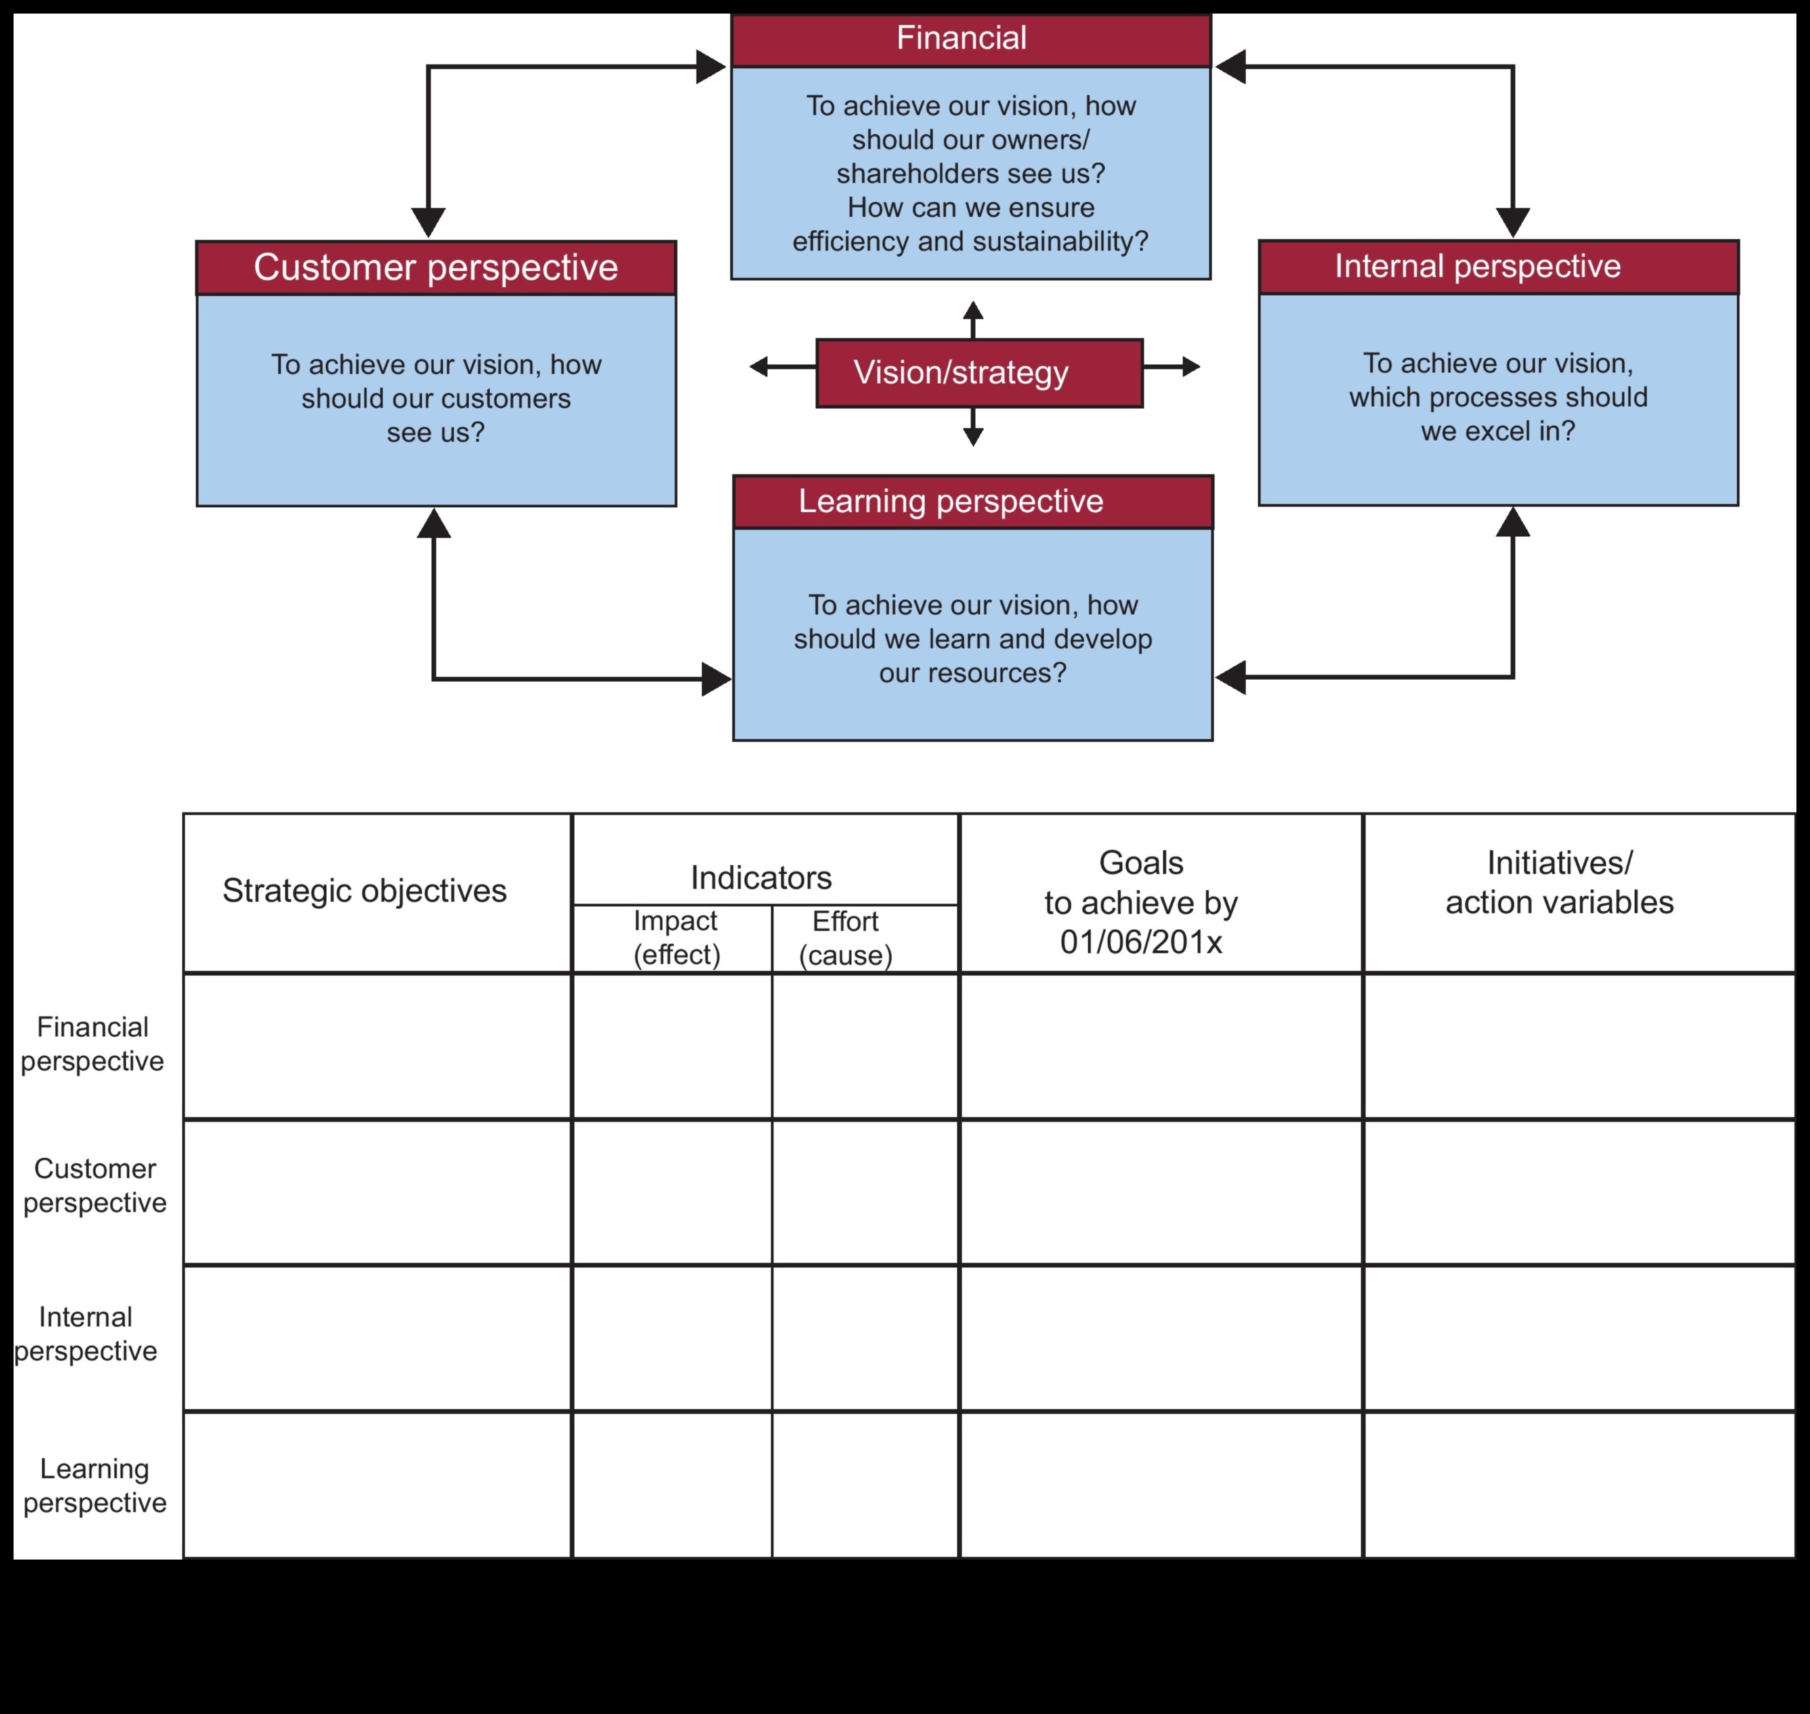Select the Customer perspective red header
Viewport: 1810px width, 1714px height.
tap(436, 268)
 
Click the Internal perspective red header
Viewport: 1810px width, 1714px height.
tap(1498, 267)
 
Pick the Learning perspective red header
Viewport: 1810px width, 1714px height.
tap(972, 501)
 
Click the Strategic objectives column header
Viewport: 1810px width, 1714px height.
tap(364, 891)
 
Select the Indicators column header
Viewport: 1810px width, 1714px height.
tap(761, 878)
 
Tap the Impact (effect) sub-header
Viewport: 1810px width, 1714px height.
tap(676, 938)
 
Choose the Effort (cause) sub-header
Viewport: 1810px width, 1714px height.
tap(845, 938)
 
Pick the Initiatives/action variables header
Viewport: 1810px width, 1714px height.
tap(1559, 883)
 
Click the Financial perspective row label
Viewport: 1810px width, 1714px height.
tap(92, 1044)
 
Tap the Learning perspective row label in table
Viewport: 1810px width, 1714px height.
tap(94, 1486)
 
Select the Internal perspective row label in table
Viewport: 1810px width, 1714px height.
tap(86, 1334)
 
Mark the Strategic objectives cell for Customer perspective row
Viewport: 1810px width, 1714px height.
tap(377, 1192)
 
